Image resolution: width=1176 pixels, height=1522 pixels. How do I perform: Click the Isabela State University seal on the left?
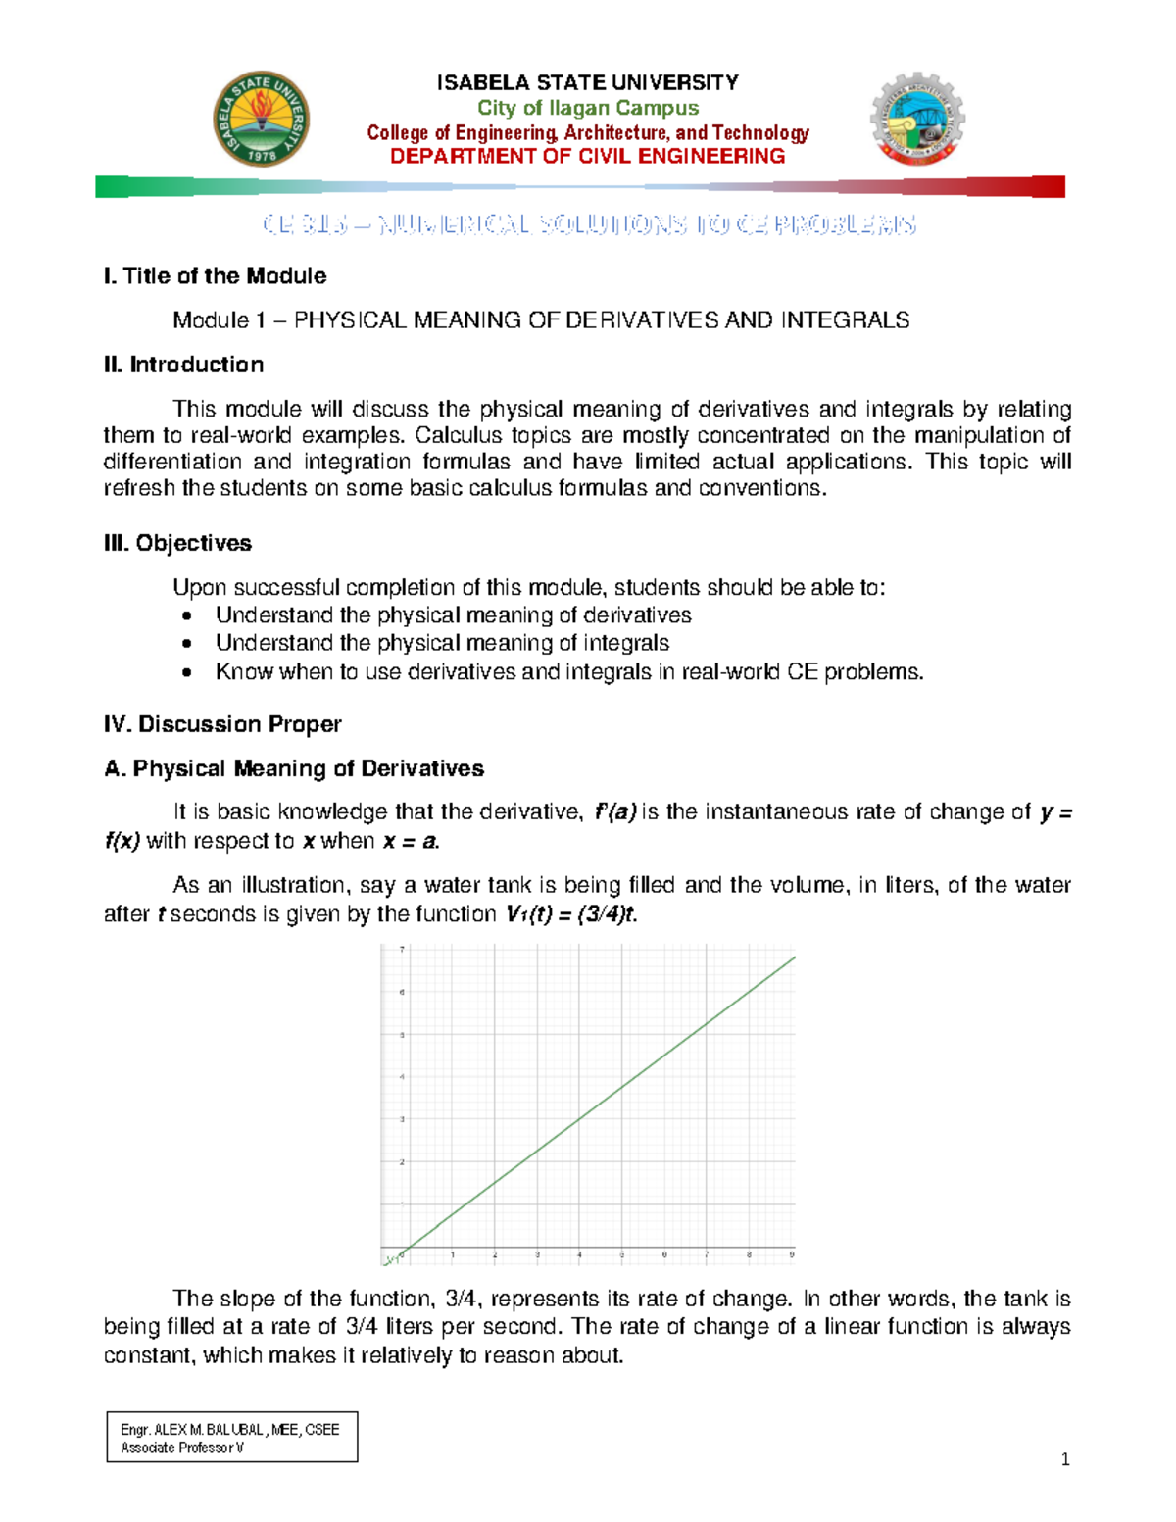coord(262,120)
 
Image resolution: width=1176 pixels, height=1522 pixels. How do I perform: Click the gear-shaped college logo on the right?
coord(917,120)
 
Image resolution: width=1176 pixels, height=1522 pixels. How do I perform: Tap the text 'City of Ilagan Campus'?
coord(588,108)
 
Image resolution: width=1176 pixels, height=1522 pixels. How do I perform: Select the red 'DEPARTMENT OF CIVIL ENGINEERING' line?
coord(588,157)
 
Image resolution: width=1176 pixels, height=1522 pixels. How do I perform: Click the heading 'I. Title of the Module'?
coord(215,276)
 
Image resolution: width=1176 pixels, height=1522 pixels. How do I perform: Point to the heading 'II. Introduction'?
coord(183,365)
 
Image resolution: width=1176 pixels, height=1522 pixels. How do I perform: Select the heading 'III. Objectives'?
coord(177,543)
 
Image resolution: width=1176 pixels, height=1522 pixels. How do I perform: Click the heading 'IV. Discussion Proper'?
coord(222,724)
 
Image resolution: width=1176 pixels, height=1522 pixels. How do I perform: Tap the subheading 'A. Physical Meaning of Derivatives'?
coord(294,768)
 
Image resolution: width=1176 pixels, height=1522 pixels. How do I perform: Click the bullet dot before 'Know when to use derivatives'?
coord(187,672)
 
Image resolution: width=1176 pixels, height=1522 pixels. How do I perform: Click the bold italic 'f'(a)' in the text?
coord(615,811)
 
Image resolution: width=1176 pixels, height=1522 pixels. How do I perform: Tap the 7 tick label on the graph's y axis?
coord(402,949)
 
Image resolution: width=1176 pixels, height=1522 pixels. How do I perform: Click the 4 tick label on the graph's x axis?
coord(579,1254)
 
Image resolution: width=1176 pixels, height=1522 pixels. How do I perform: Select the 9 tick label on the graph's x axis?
coord(792,1254)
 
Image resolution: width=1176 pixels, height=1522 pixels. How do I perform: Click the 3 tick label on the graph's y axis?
coord(402,1119)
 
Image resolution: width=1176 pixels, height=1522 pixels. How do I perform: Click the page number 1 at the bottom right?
coord(1065,1460)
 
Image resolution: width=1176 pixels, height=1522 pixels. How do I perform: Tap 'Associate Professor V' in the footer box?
coord(182,1448)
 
